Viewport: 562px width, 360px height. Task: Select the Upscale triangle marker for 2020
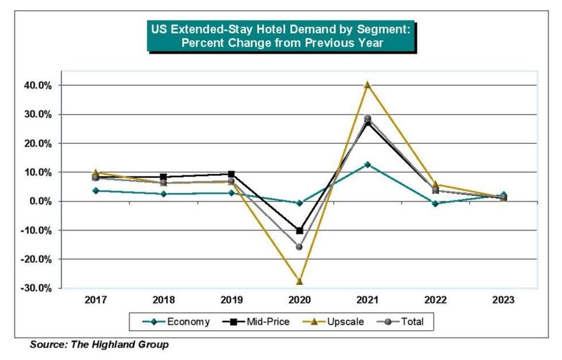point(299,281)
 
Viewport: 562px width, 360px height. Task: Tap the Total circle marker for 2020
point(299,246)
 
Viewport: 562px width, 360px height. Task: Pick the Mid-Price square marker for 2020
point(299,230)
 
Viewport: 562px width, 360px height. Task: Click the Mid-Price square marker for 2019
point(231,174)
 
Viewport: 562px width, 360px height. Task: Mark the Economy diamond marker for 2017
point(95,190)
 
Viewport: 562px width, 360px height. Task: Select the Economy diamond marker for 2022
point(435,204)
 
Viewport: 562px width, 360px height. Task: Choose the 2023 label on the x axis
point(503,300)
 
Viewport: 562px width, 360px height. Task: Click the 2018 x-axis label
point(163,300)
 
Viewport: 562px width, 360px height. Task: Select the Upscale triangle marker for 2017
point(95,173)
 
